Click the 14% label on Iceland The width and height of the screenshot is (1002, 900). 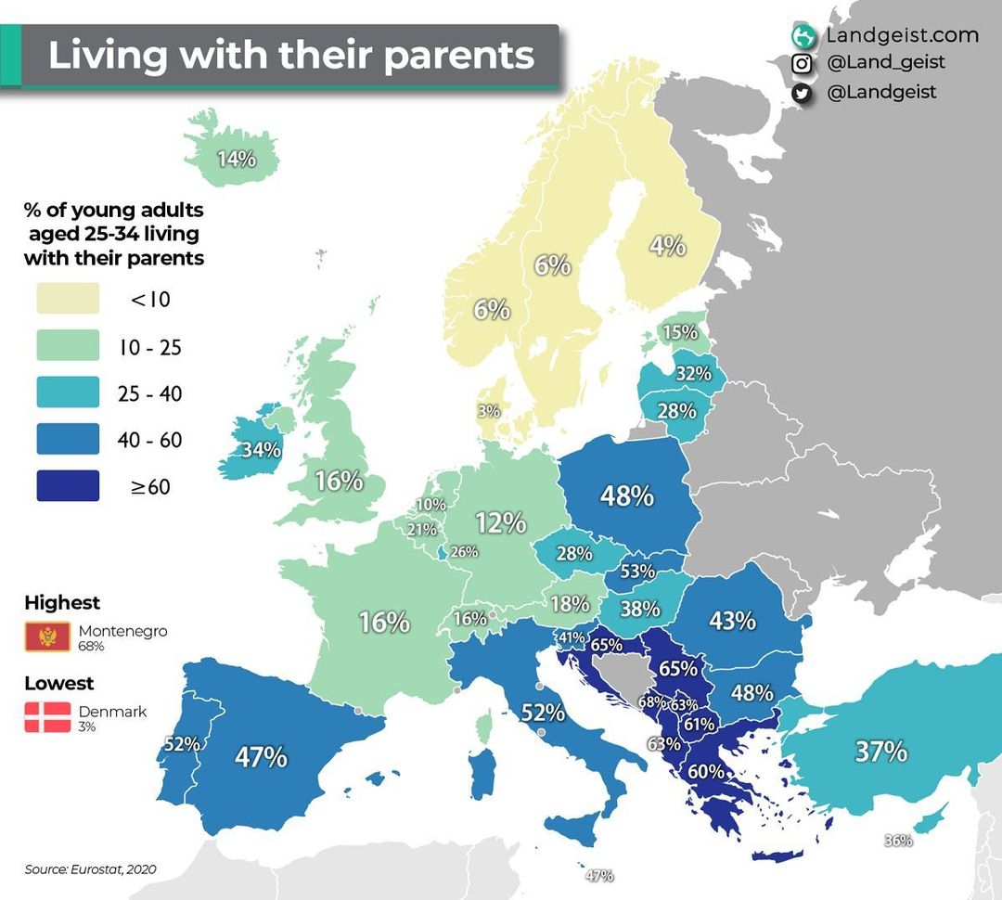click(237, 159)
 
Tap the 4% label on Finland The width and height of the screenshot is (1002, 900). click(667, 246)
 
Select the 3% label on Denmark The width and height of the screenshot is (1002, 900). click(489, 410)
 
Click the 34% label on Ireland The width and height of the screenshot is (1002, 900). click(261, 450)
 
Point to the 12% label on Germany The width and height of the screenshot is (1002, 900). click(501, 522)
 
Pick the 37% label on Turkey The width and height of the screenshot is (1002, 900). click(880, 751)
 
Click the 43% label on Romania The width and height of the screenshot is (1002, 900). click(732, 620)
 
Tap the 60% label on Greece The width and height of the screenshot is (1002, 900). click(706, 771)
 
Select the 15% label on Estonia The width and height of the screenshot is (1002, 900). click(679, 332)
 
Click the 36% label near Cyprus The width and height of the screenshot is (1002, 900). click(898, 841)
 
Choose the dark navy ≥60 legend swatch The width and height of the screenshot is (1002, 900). click(68, 485)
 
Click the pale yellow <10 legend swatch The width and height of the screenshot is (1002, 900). click(68, 299)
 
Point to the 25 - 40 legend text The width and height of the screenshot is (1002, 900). click(150, 394)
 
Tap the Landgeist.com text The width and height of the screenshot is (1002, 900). click(902, 35)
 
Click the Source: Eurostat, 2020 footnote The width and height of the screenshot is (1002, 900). click(90, 869)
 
